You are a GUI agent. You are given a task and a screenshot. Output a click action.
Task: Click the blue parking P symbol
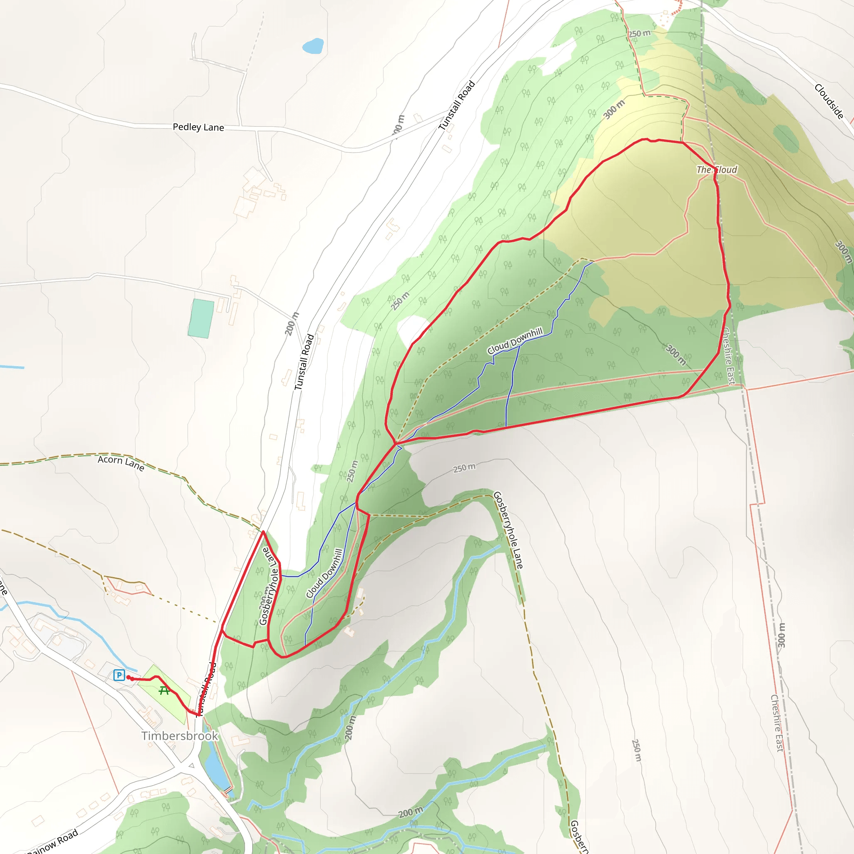coord(119,675)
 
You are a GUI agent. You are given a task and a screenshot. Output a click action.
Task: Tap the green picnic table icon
coord(164,691)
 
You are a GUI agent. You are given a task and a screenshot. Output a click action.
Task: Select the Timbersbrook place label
coord(179,736)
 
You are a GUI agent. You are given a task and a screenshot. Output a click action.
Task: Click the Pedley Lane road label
coord(198,127)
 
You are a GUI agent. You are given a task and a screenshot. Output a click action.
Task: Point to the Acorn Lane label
coord(121,463)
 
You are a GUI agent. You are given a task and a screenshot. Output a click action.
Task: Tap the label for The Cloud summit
coord(716,170)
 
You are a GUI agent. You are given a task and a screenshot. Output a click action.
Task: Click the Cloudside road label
coord(829,101)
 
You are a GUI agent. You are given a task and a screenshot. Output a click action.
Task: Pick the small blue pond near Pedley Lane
coord(313,46)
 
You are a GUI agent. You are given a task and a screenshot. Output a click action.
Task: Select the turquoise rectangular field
coord(201,318)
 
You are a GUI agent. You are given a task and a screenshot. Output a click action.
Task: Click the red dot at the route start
coord(128,677)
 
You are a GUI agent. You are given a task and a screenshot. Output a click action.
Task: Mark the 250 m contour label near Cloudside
coord(639,34)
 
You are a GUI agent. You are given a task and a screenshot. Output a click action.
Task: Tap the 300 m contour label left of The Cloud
coord(614,109)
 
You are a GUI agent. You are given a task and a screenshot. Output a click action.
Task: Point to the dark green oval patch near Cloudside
coord(786,138)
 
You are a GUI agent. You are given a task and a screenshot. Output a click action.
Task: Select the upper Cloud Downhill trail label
coord(515,341)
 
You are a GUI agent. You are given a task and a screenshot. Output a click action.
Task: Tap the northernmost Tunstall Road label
coord(457,105)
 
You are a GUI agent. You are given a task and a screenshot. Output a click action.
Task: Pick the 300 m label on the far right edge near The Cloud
coord(844,252)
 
